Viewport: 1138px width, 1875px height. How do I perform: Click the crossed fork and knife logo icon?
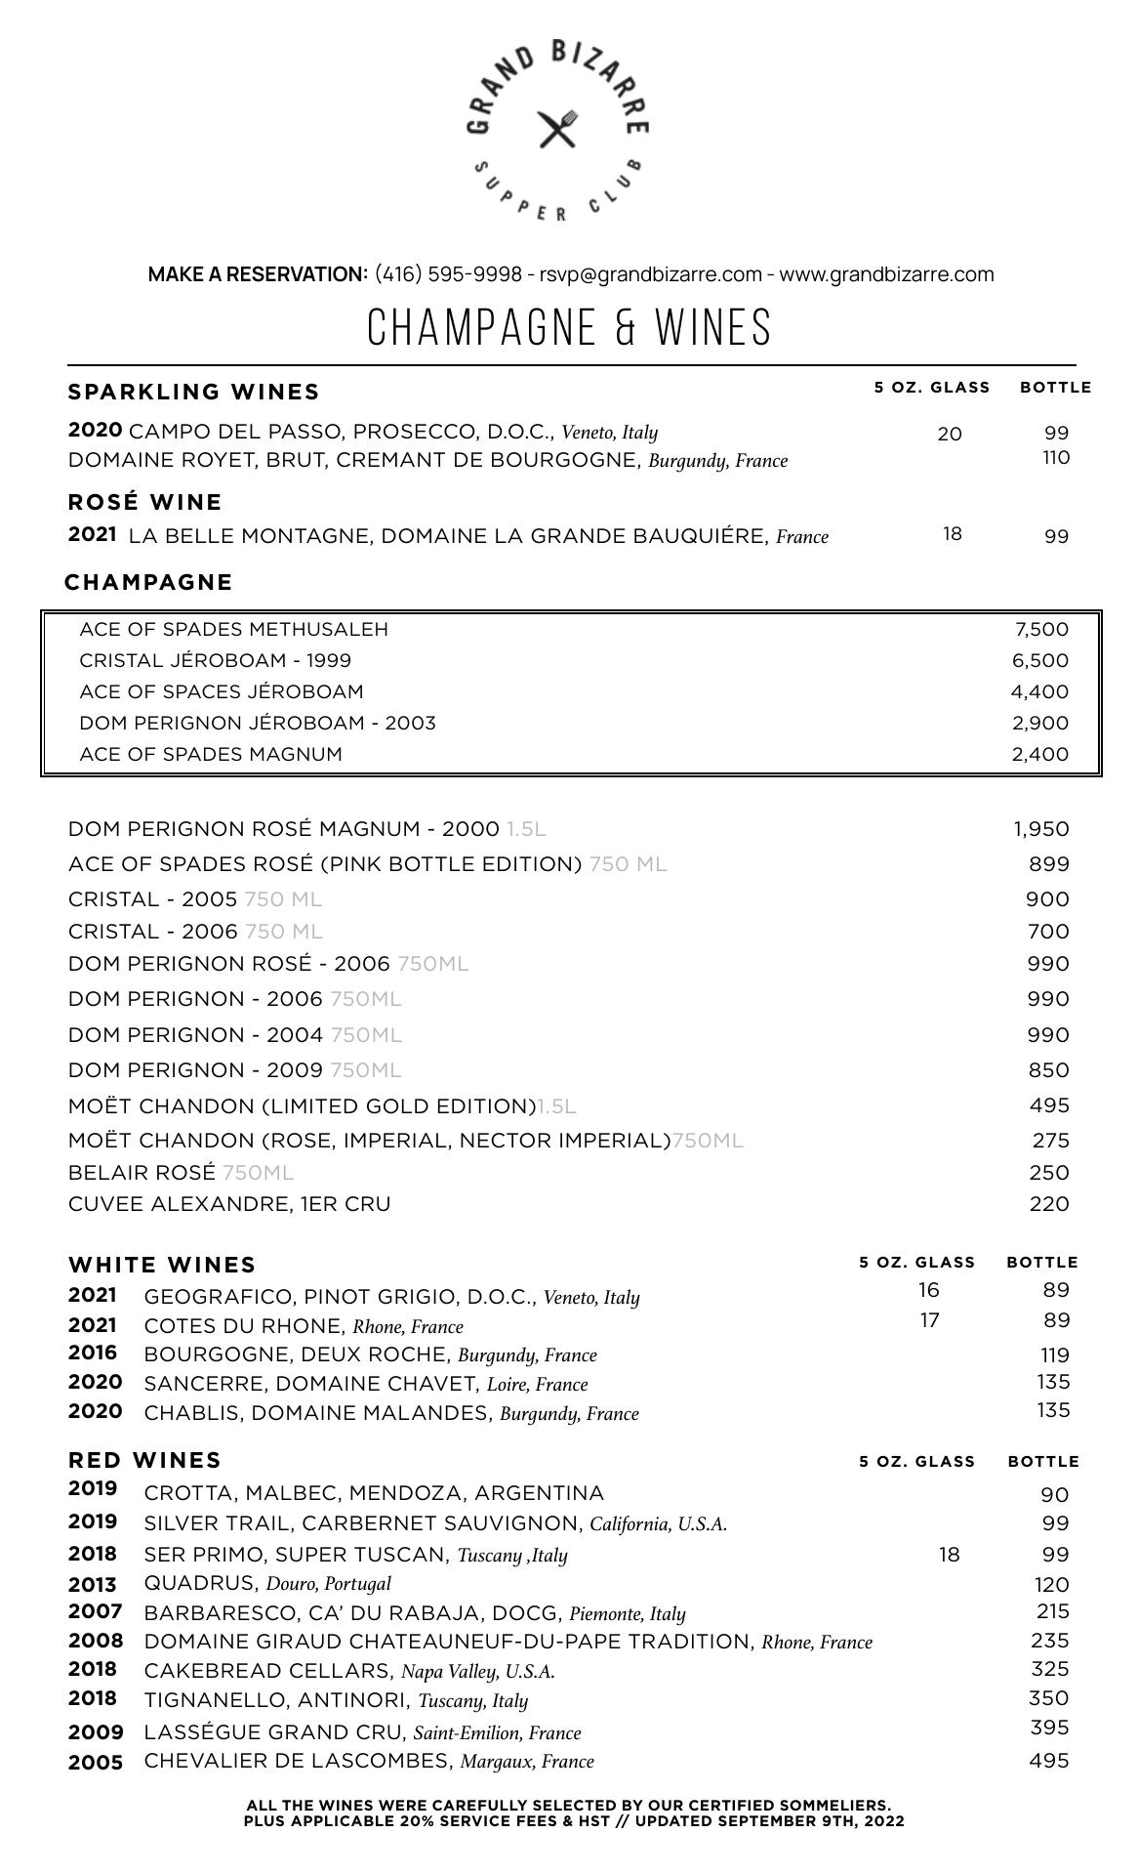pyautogui.click(x=557, y=129)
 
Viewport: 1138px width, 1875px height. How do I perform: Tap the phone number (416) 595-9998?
pyautogui.click(x=448, y=274)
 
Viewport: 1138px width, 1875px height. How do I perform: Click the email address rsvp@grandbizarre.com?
pyautogui.click(x=650, y=274)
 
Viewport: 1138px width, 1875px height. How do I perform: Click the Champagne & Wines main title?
pyautogui.click(x=569, y=327)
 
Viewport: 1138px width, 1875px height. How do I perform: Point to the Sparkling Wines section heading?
pyautogui.click(x=193, y=392)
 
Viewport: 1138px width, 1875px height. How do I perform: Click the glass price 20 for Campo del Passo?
pyautogui.click(x=949, y=434)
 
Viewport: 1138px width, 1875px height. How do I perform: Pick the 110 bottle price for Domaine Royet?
pyautogui.click(x=1055, y=458)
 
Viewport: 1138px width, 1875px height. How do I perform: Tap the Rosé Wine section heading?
pyautogui.click(x=144, y=502)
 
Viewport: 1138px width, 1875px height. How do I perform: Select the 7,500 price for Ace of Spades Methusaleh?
pyautogui.click(x=1041, y=630)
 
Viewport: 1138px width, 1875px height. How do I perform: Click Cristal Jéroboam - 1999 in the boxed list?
pyautogui.click(x=215, y=660)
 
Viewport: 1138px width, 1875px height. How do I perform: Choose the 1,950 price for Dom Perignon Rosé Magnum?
pyautogui.click(x=1040, y=829)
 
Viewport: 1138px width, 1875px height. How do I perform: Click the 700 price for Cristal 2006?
pyautogui.click(x=1047, y=932)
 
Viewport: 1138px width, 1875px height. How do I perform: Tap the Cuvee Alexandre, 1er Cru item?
pyautogui.click(x=229, y=1204)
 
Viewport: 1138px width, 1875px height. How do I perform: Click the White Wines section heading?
pyautogui.click(x=162, y=1265)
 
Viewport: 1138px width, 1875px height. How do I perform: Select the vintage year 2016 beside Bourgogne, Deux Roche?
pyautogui.click(x=93, y=1354)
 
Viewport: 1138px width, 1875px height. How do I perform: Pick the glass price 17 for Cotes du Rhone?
pyautogui.click(x=929, y=1320)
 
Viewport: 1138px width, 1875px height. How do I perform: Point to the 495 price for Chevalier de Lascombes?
pyautogui.click(x=1048, y=1761)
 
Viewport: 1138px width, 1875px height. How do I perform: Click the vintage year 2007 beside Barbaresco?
pyautogui.click(x=95, y=1611)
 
